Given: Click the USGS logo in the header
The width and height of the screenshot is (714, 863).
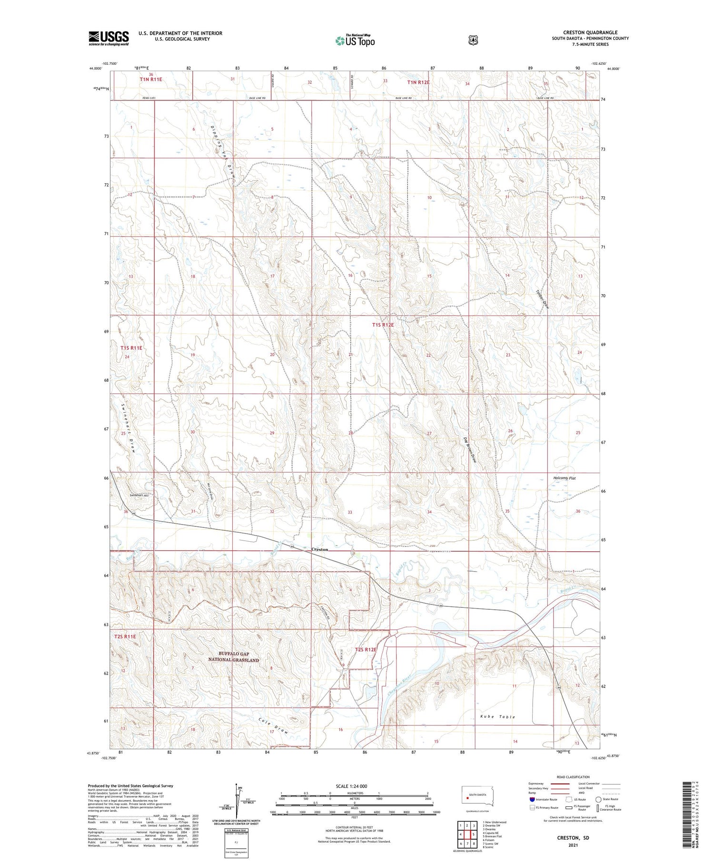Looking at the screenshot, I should click(x=109, y=38).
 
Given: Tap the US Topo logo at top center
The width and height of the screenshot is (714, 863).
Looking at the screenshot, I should click(x=355, y=41).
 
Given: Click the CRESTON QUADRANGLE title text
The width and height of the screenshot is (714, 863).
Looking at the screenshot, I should click(x=590, y=32).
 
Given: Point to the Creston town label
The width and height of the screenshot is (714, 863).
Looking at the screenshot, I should click(x=319, y=549).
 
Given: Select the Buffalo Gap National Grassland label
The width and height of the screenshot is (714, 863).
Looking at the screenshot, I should click(x=233, y=657).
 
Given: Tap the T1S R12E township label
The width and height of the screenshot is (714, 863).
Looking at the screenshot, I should click(x=383, y=325).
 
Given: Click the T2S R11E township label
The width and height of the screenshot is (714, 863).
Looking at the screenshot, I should click(x=125, y=636).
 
